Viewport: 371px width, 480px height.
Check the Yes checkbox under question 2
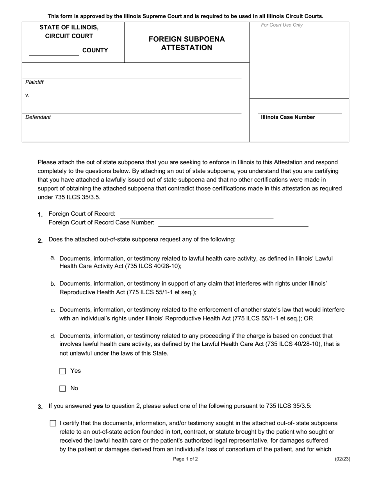[62, 371]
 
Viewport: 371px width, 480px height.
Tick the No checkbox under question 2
[62, 389]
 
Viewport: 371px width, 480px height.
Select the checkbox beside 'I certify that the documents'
[53, 423]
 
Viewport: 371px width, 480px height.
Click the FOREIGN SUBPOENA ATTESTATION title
[187, 43]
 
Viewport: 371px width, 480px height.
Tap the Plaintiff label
[34, 82]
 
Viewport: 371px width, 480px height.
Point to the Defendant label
[38, 117]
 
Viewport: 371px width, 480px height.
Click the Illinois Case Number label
[288, 117]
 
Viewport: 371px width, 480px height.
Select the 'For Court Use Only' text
[282, 25]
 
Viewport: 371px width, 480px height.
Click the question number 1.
[40, 215]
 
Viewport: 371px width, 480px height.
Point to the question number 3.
[40, 407]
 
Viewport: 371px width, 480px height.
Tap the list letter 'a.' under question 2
[53, 258]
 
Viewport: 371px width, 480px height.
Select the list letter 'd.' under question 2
[53, 336]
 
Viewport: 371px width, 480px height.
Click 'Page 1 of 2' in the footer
[185, 459]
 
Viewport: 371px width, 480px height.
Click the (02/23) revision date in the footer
[342, 459]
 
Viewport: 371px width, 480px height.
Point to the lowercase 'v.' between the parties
[27, 95]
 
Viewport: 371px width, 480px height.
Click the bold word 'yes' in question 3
[98, 406]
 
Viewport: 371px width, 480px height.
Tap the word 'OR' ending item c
[309, 318]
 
